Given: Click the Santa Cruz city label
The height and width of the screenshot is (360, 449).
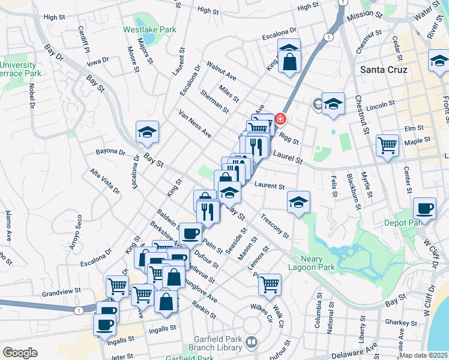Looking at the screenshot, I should (384, 70).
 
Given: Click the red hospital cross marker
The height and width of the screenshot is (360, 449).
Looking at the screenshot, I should (279, 119).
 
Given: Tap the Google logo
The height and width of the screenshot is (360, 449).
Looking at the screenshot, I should (19, 352).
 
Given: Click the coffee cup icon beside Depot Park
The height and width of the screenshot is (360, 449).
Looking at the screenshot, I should (425, 209).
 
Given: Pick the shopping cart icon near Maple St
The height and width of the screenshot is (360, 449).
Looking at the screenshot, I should (388, 145).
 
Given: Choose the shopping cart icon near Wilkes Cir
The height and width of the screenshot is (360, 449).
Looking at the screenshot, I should (270, 284).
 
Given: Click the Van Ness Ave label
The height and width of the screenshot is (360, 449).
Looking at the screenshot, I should (194, 124).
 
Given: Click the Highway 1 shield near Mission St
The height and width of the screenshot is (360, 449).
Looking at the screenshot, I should (327, 37).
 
